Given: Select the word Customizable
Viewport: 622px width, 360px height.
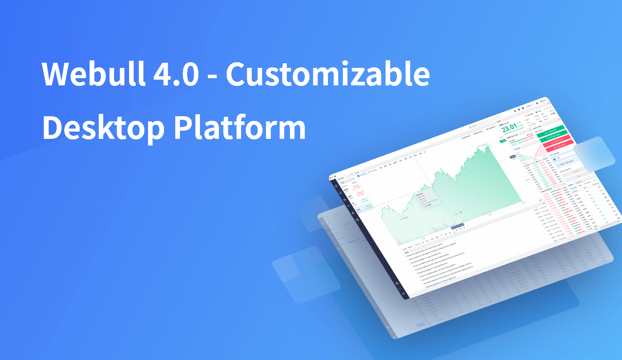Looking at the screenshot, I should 327,75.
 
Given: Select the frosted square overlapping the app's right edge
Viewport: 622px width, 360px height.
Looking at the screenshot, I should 594,154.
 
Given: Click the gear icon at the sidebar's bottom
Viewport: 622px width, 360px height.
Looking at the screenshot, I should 403,294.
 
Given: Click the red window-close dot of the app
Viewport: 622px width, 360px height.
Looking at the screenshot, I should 332,177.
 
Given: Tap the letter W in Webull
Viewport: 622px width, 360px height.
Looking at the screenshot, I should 54,75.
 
